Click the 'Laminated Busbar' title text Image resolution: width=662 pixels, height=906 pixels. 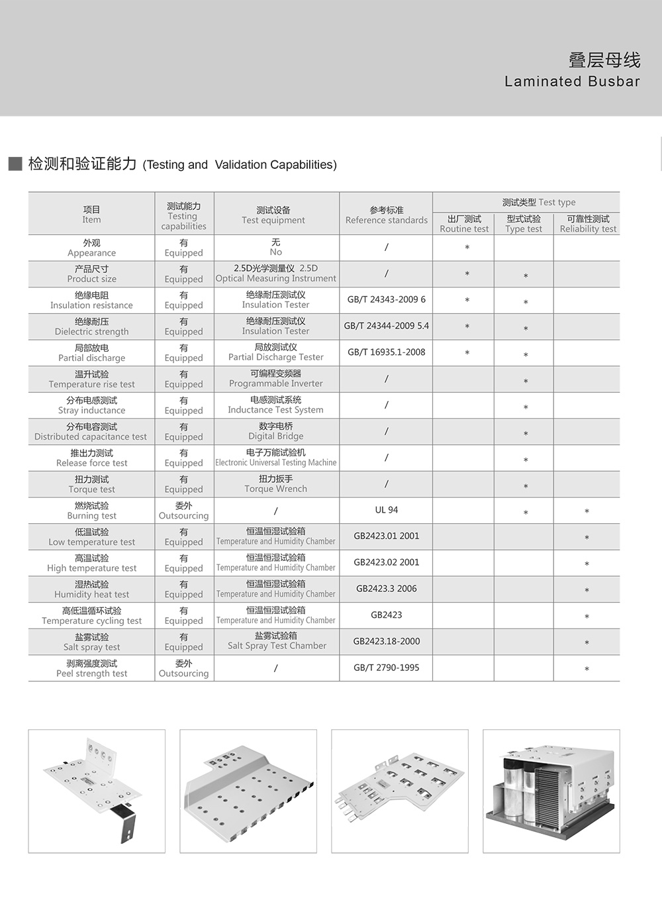(572, 81)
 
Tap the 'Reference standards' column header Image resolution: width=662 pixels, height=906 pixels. (386, 215)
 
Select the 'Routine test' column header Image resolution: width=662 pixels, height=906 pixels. (464, 224)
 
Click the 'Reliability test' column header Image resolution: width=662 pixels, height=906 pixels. (588, 224)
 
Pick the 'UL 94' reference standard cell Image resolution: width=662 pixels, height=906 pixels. (386, 510)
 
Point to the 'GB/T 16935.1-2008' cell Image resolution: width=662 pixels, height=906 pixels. (386, 352)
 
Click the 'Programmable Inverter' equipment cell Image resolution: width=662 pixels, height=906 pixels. (276, 379)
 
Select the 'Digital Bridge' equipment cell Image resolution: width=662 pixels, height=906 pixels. (276, 431)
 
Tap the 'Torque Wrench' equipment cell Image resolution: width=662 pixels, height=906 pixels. (276, 484)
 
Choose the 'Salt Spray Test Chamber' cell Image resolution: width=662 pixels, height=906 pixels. (277, 641)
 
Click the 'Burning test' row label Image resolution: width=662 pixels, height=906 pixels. (91, 511)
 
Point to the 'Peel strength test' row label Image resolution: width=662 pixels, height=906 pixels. (91, 668)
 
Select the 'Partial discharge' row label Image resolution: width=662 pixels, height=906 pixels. (91, 353)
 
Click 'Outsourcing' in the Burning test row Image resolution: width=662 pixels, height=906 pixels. (183, 511)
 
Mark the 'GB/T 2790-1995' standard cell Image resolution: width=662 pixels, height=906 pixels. (386, 668)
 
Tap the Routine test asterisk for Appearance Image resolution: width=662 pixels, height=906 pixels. (467, 248)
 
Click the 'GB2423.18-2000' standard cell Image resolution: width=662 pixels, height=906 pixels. (386, 641)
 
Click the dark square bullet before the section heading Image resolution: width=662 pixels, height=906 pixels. (15, 164)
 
